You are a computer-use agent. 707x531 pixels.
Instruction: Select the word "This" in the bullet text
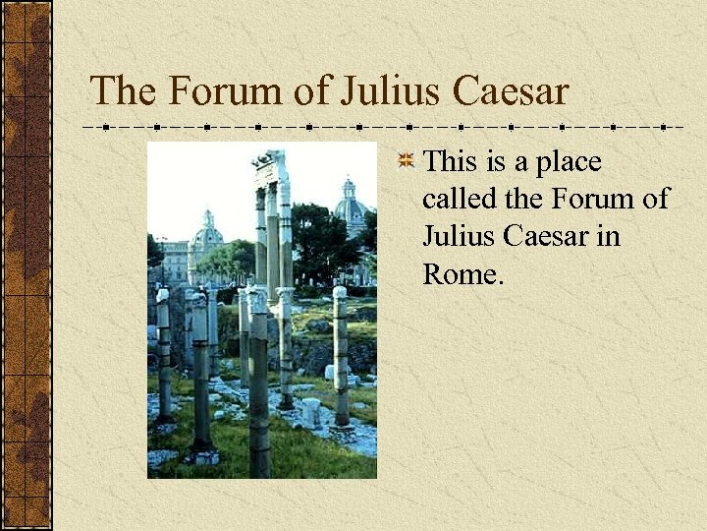tap(450, 160)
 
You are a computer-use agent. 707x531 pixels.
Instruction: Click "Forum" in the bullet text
tap(590, 199)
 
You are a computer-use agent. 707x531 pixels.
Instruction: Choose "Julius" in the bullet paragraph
tap(455, 236)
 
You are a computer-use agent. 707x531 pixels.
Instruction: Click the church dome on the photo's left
tap(207, 233)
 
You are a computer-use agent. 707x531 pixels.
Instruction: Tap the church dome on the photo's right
tap(350, 202)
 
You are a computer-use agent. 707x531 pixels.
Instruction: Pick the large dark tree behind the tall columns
tap(319, 241)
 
